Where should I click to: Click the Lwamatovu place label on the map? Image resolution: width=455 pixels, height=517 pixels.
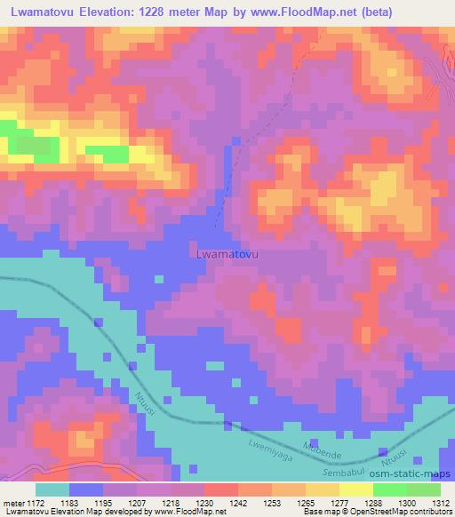pyautogui.click(x=227, y=254)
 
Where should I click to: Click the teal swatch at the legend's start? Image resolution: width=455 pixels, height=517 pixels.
pyautogui.click(x=52, y=489)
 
